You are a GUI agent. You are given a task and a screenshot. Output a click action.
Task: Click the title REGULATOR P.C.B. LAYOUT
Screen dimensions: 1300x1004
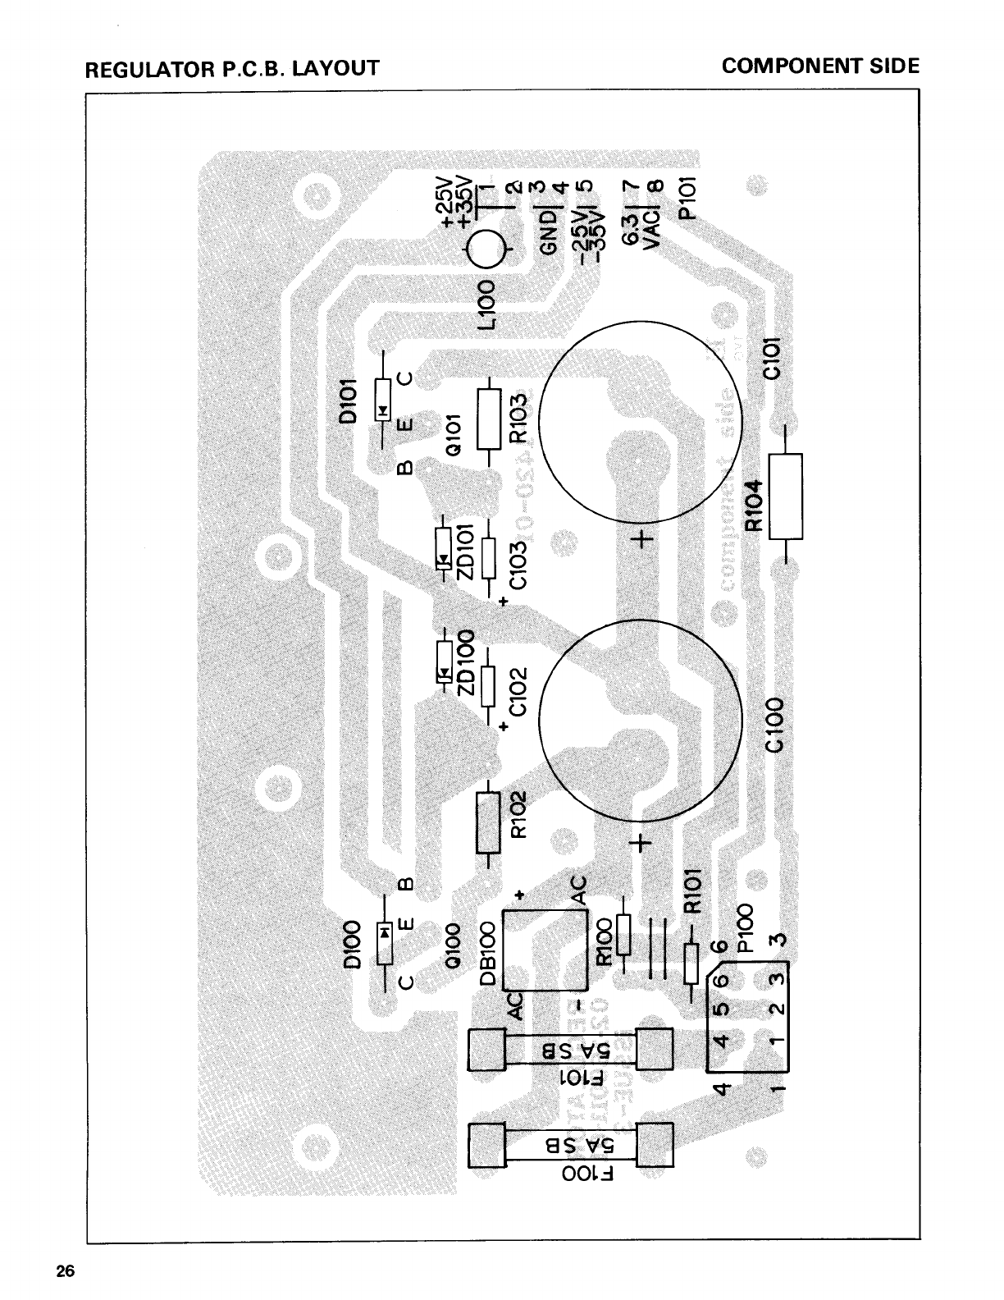coord(232,67)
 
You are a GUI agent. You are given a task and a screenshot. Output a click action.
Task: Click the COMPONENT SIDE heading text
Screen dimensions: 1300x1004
coord(820,66)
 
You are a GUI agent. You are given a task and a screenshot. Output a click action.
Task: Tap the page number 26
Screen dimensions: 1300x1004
coord(66,1272)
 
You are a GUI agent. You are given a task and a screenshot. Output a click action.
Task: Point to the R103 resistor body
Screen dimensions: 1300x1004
coord(489,419)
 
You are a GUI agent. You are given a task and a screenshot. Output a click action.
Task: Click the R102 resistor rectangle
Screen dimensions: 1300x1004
coord(488,823)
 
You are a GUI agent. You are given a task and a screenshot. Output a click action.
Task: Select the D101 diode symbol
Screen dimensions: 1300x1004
coord(383,401)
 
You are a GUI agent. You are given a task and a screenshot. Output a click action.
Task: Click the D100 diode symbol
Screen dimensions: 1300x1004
coord(383,941)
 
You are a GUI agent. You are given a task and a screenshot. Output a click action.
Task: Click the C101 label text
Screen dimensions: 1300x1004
coord(774,359)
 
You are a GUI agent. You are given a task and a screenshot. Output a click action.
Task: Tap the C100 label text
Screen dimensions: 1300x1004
coord(774,725)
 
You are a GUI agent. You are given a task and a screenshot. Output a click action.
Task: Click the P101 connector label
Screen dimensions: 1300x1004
coord(688,199)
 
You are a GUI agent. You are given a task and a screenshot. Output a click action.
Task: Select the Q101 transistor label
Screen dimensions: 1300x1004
coord(456,433)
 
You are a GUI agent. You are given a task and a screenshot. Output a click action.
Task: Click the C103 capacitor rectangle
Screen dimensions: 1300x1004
coord(489,558)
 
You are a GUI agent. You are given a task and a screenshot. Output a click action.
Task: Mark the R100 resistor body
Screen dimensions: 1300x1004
coord(623,936)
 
